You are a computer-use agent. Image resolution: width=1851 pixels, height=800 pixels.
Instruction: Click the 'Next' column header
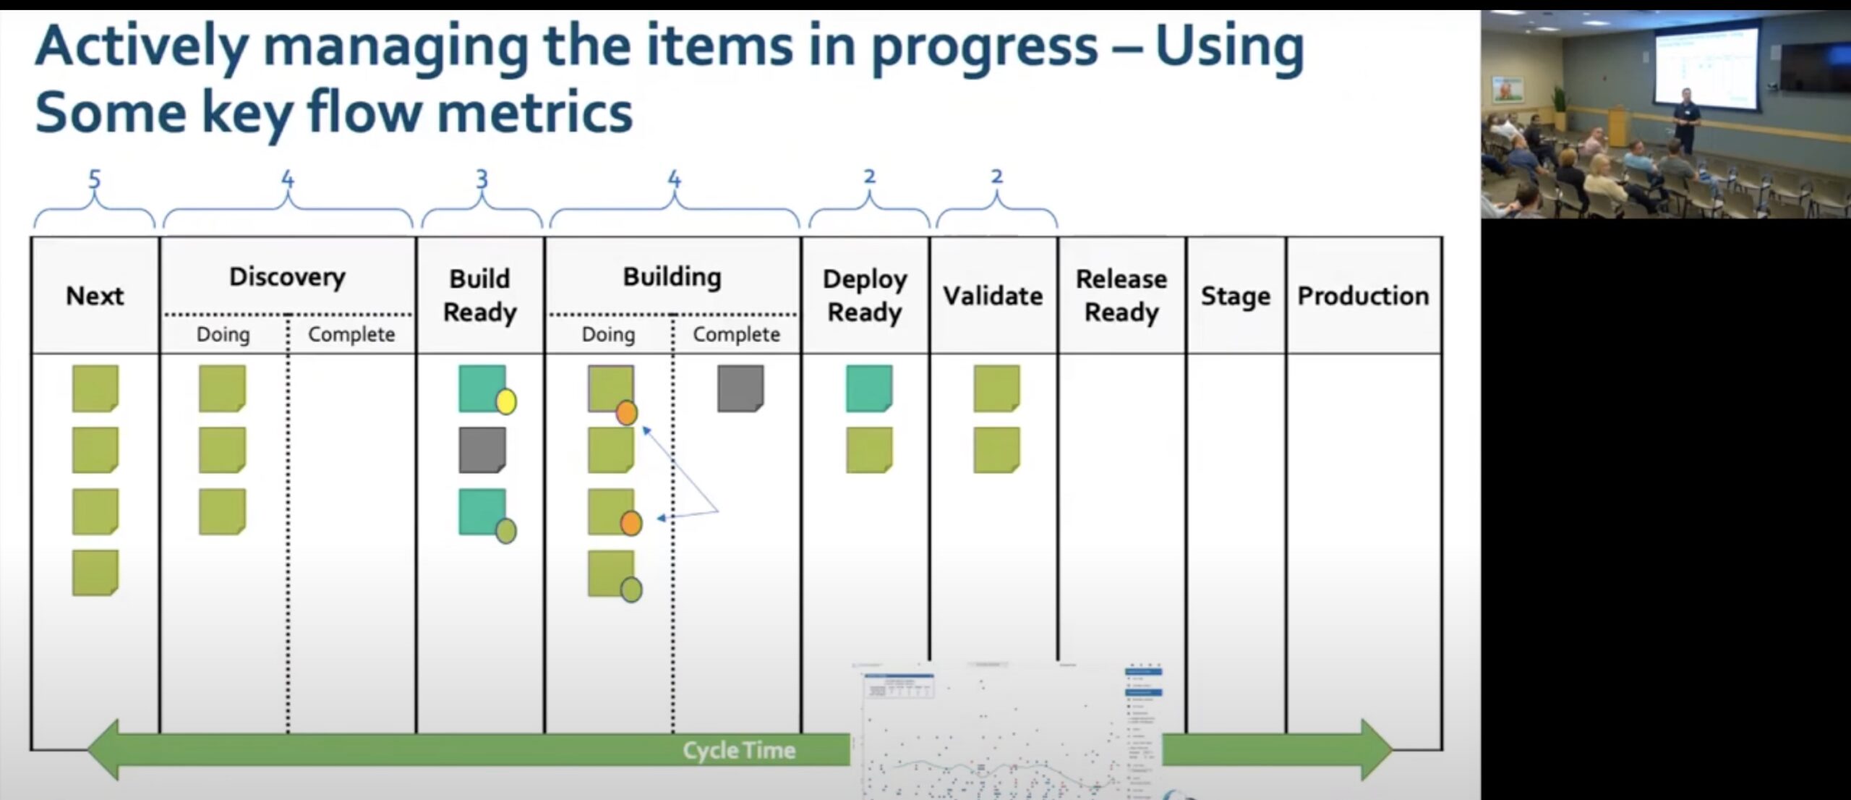point(95,296)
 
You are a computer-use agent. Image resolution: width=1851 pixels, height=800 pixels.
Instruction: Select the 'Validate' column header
point(993,296)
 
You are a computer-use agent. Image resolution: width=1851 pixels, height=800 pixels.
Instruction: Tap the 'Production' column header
point(1363,296)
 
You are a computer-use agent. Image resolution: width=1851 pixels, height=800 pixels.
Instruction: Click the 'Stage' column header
point(1235,296)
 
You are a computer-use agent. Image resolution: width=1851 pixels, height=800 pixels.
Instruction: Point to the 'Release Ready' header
point(1121,296)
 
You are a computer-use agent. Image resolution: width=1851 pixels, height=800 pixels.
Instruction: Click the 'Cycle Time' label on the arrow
point(739,750)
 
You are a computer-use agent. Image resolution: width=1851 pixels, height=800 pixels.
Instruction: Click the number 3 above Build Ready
point(482,179)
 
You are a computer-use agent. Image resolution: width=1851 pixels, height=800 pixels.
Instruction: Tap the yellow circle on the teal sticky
point(506,401)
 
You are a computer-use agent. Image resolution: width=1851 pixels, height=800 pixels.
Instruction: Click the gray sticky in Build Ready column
point(482,450)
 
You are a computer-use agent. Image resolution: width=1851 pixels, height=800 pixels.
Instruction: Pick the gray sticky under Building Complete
point(740,388)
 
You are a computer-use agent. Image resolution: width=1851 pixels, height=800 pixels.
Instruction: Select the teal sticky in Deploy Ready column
point(869,388)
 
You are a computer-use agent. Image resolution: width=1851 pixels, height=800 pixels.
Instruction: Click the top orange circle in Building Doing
point(626,413)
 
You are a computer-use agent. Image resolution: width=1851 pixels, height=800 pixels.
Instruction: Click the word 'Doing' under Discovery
point(223,335)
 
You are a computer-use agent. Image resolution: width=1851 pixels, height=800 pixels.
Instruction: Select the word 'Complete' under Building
point(736,335)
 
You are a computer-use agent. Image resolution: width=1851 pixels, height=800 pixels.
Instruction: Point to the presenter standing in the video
point(1686,119)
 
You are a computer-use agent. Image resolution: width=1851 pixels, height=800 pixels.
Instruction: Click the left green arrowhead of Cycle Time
point(105,750)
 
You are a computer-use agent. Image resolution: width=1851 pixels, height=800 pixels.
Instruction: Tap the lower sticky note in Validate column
point(996,450)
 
